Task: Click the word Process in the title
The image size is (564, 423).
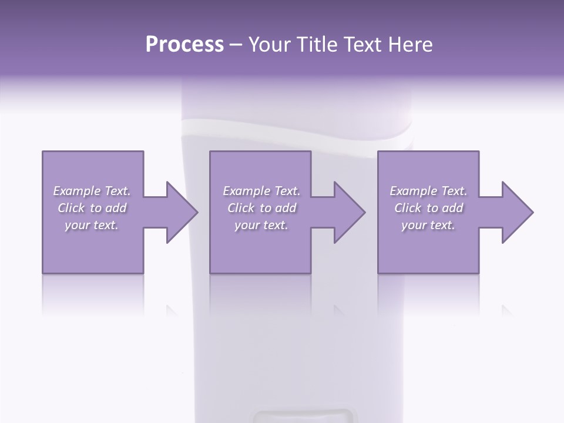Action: click(x=184, y=45)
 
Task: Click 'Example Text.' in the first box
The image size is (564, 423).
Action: click(x=92, y=191)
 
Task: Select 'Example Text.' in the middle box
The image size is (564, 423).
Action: click(x=261, y=191)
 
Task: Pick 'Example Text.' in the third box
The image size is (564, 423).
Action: click(x=428, y=191)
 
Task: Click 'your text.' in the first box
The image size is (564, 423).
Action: click(x=92, y=226)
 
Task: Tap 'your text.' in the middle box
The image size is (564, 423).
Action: click(x=261, y=226)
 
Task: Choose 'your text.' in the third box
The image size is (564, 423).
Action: click(x=428, y=226)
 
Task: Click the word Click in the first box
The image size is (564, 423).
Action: click(x=71, y=208)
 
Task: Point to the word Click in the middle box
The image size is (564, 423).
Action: click(x=241, y=208)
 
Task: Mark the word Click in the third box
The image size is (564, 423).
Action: click(x=408, y=208)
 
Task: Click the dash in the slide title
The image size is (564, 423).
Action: click(x=236, y=45)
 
